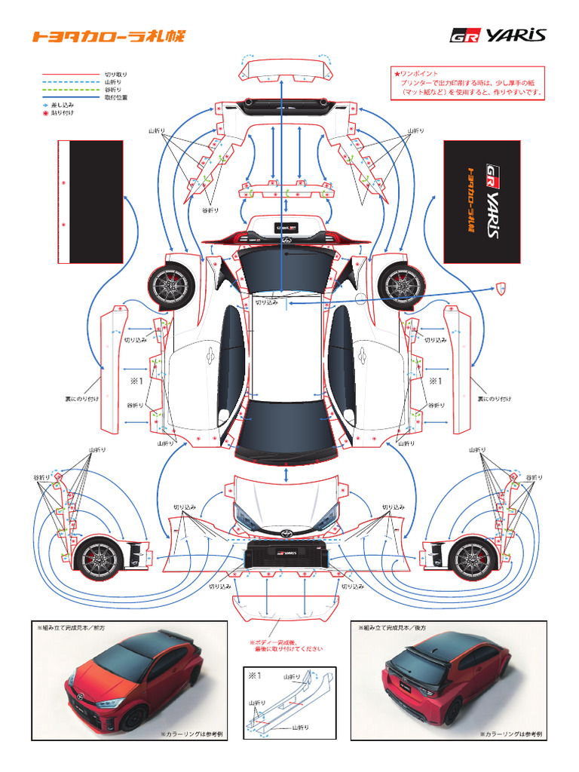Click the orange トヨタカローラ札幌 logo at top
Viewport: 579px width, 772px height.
coord(107,36)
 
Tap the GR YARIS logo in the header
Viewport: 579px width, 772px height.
coord(498,35)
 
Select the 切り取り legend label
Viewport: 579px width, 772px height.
coord(116,74)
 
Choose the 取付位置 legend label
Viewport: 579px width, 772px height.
coord(116,97)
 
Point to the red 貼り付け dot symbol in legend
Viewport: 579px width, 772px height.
coord(45,112)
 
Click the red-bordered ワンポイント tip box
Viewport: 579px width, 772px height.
coord(468,83)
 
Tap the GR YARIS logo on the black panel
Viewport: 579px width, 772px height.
coord(491,201)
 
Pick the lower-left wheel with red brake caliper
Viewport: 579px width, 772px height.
coord(99,559)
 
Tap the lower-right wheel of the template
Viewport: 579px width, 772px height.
coord(473,559)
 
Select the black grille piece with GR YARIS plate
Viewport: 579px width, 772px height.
coord(286,553)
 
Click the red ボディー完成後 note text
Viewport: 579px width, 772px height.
coord(286,645)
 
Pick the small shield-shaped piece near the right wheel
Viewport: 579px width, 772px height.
coord(501,287)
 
